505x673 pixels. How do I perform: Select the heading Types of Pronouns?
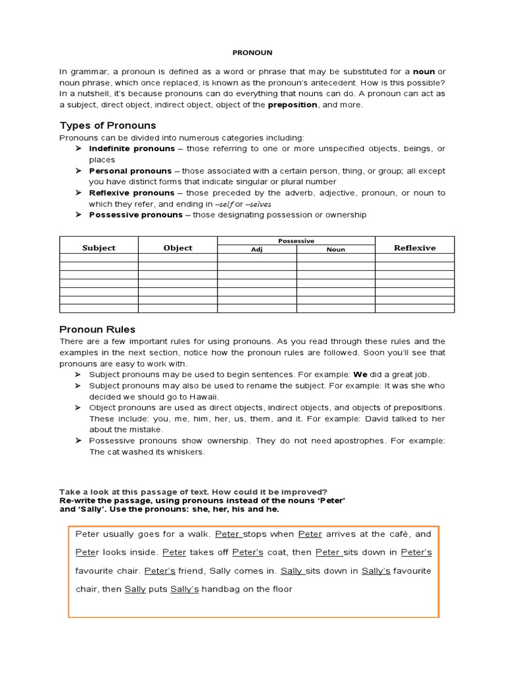coord(108,125)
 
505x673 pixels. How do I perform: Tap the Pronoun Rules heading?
coord(97,329)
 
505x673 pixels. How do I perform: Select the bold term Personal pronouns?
coord(130,170)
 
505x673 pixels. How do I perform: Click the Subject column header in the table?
coord(99,248)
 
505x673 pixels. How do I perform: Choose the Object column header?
coord(178,248)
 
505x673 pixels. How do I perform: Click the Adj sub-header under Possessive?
coord(256,250)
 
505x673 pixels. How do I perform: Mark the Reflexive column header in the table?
coord(414,248)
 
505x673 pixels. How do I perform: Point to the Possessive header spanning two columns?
coord(296,241)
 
